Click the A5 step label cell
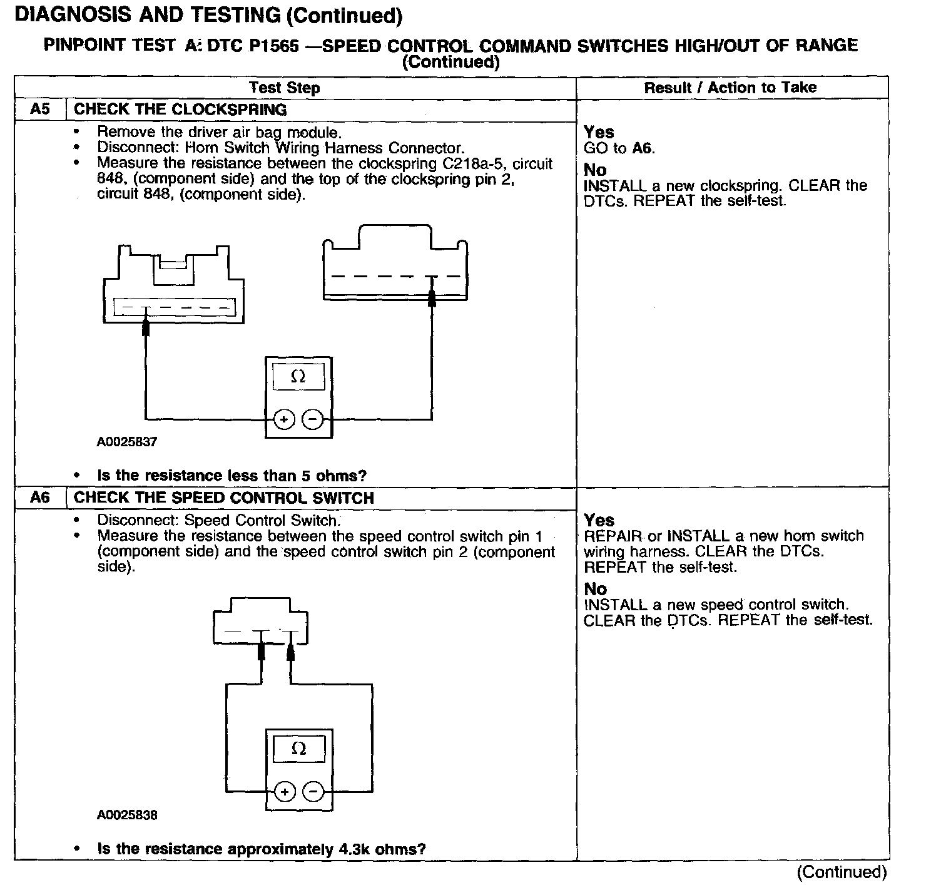(x=39, y=110)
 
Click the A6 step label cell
(x=39, y=498)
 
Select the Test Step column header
(x=284, y=88)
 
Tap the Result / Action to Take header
(x=730, y=88)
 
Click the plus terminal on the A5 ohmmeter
(x=284, y=419)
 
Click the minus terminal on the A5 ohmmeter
(x=313, y=419)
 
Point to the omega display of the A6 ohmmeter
(x=299, y=749)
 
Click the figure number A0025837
(x=127, y=442)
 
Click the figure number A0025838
(x=127, y=816)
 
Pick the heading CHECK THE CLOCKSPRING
(x=180, y=110)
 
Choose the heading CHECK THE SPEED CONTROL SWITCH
(x=224, y=498)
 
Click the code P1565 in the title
(x=267, y=46)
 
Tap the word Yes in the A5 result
(x=599, y=132)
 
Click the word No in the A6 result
(x=595, y=589)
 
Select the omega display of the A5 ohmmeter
(x=298, y=377)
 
